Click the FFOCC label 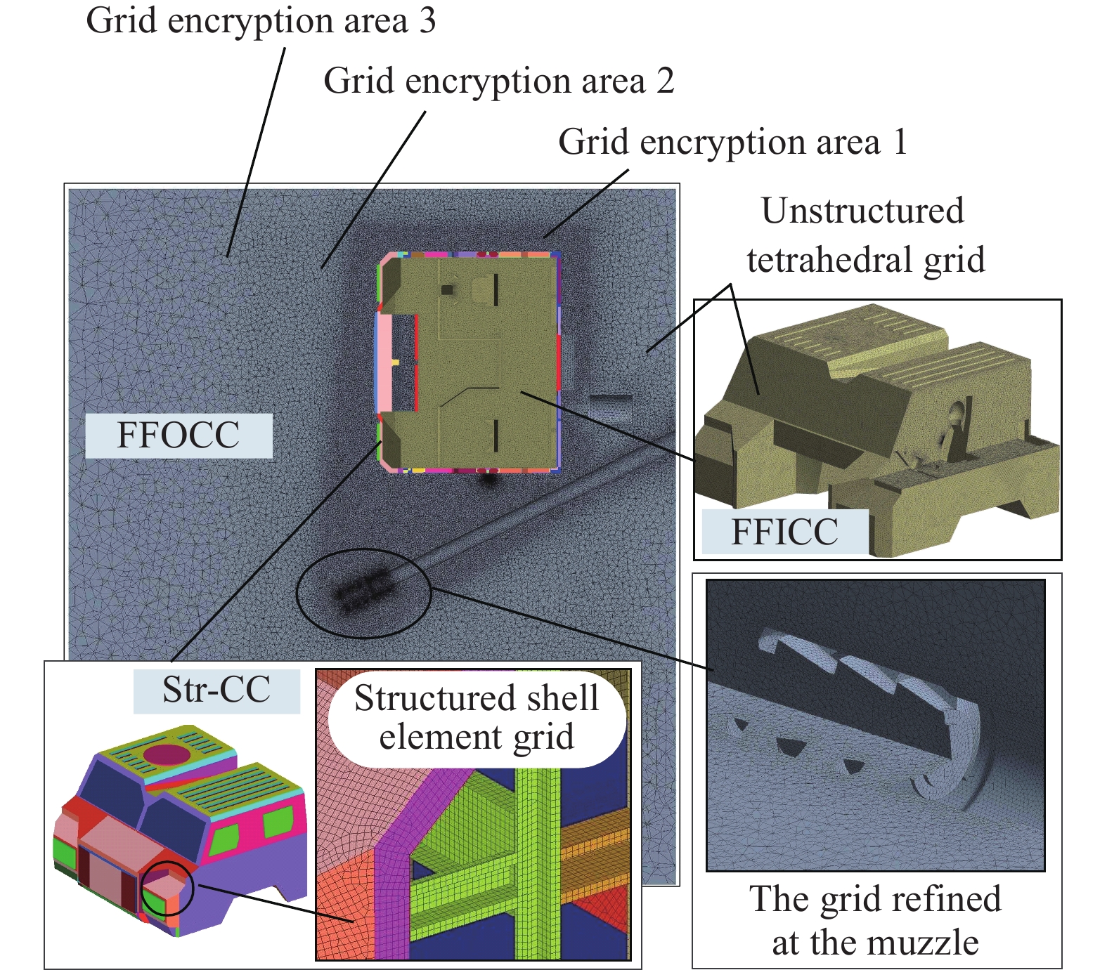[178, 435]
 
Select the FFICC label [784, 532]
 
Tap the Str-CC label [216, 690]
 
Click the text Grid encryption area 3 [261, 21]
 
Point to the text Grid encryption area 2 [498, 81]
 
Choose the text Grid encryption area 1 [732, 143]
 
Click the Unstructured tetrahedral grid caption [865, 235]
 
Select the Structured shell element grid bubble [477, 718]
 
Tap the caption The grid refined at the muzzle [875, 920]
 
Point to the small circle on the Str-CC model [167, 888]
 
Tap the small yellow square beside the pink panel [395, 362]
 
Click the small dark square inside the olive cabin [446, 289]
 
